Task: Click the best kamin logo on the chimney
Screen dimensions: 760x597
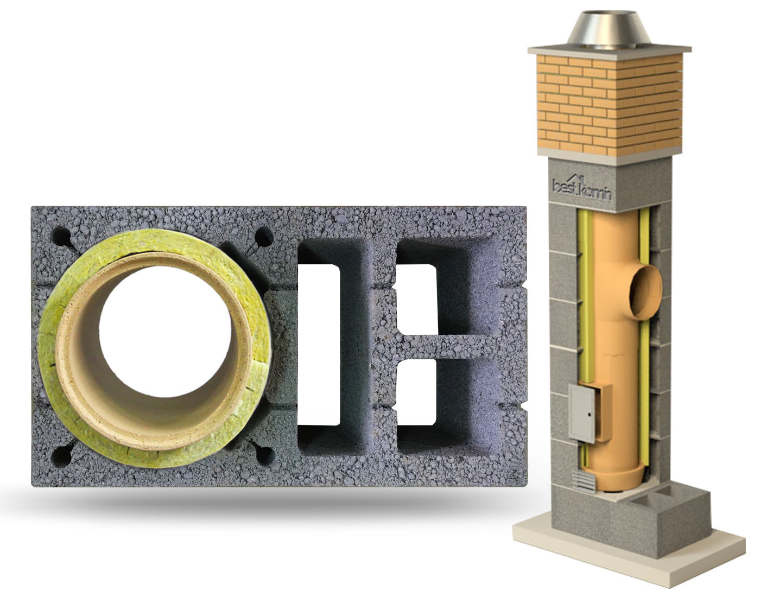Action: pyautogui.click(x=582, y=188)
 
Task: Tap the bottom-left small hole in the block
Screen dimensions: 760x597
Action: pyautogui.click(x=61, y=456)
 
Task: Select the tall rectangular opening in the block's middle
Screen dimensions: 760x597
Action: pyautogui.click(x=319, y=345)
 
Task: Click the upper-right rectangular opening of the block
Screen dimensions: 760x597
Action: pyautogui.click(x=417, y=299)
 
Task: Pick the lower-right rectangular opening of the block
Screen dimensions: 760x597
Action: pyautogui.click(x=416, y=392)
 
